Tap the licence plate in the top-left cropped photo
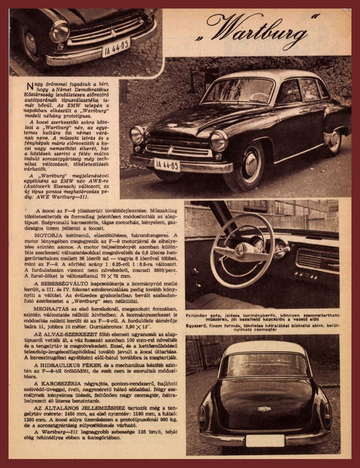pyautogui.click(x=116, y=47)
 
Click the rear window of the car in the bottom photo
pyautogui.click(x=264, y=365)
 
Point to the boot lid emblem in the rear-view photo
pyautogui.click(x=264, y=408)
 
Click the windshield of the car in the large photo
pyautogui.click(x=238, y=91)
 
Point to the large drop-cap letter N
pyautogui.click(x=30, y=85)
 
